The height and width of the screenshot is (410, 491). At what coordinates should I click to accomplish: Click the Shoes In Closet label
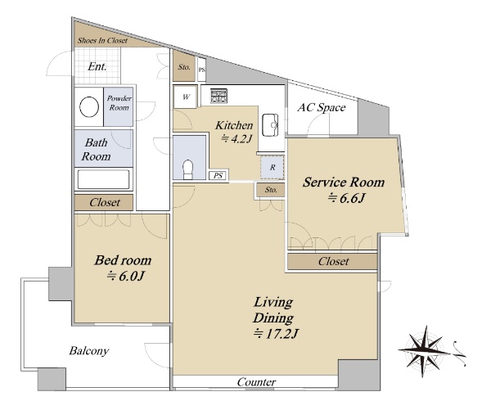point(102,41)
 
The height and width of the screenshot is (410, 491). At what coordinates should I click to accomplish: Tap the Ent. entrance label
point(97,66)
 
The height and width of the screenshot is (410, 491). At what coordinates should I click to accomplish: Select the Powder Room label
point(119,103)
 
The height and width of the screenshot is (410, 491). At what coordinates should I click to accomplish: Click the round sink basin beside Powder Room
point(89,107)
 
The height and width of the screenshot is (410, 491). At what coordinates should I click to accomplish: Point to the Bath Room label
point(96,150)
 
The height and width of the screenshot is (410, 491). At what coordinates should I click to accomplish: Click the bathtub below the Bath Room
point(103,179)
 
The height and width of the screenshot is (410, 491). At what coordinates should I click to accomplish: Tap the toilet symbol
point(188,169)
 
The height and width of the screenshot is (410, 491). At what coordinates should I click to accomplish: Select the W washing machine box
point(186,97)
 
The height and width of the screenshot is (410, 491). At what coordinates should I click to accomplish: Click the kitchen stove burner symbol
point(218,96)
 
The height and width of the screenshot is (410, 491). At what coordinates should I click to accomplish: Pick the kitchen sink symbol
point(270,125)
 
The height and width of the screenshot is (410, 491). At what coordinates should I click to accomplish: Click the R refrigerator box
point(273,168)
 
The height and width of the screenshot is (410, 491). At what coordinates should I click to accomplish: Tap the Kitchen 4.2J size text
point(236,138)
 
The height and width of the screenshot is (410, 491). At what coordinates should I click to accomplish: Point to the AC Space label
point(322,108)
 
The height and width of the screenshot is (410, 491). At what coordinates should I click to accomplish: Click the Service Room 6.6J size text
point(346,198)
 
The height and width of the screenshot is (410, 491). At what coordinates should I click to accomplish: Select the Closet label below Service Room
point(333,261)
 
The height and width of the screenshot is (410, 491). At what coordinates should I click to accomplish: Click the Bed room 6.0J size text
point(125,277)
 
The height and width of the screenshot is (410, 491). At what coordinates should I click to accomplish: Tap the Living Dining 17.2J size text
point(275,334)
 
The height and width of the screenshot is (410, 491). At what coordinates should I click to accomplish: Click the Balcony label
point(89,351)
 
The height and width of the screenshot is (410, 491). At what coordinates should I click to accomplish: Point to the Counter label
point(256,382)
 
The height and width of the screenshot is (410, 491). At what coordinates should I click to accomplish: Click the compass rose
point(425,351)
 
